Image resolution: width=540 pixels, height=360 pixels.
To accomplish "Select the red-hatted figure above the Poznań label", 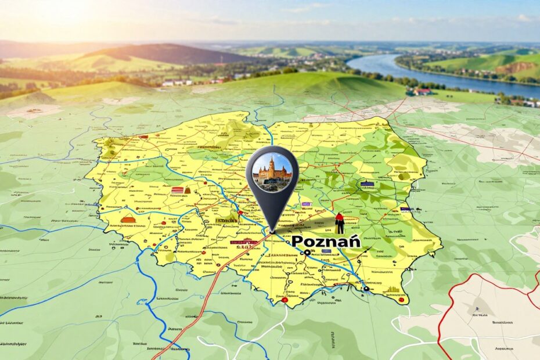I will (x=340, y=222).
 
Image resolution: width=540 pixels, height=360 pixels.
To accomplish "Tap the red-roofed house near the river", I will (x=423, y=92).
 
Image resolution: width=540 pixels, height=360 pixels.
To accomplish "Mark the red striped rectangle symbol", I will (x=178, y=190).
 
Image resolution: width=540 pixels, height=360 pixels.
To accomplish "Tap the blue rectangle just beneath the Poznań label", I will (x=326, y=251).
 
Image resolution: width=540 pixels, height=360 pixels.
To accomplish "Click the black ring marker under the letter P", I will (x=306, y=253).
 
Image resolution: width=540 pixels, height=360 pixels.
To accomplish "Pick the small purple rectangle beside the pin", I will (x=305, y=204).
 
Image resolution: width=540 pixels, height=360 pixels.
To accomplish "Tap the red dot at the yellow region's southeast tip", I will (x=401, y=300).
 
